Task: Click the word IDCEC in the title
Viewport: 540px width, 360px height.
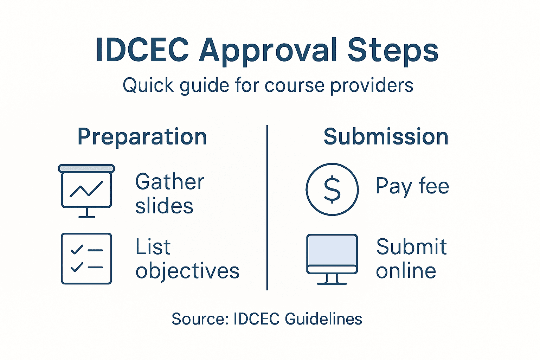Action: pos(142,50)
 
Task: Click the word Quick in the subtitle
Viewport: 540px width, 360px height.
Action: pos(148,85)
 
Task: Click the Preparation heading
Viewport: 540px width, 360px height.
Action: pos(142,137)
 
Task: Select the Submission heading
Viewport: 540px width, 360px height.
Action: pos(386,136)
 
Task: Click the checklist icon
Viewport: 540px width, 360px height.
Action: pos(86,258)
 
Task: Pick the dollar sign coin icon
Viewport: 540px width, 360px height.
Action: pos(332,189)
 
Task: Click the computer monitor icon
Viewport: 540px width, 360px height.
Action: pos(332,258)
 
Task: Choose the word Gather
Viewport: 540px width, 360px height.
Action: pos(170,182)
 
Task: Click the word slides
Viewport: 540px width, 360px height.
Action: pos(164,206)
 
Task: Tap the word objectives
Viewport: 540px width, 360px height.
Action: pos(187,271)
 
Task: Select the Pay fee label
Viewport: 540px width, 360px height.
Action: pos(412,186)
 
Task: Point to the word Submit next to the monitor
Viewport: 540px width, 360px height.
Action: pos(411,247)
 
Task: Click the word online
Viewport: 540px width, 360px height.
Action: pos(406,271)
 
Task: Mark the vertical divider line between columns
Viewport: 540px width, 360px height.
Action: pos(267,207)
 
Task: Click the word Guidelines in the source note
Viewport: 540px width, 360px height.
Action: pos(323,319)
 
